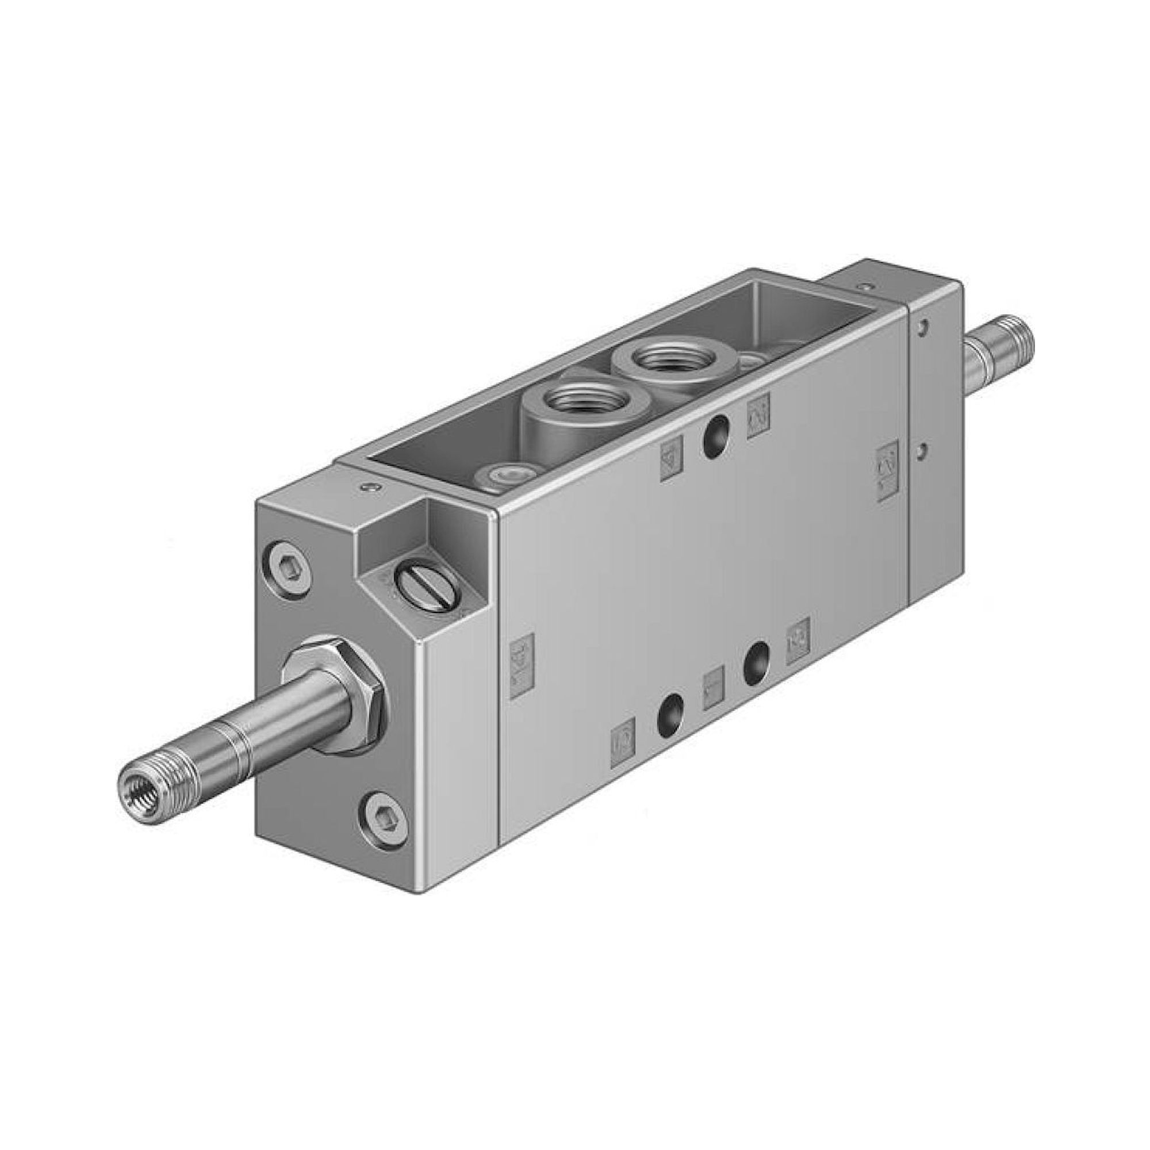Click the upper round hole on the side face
pos(714,436)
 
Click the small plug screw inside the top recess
pos(502,476)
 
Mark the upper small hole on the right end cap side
pos(923,326)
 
